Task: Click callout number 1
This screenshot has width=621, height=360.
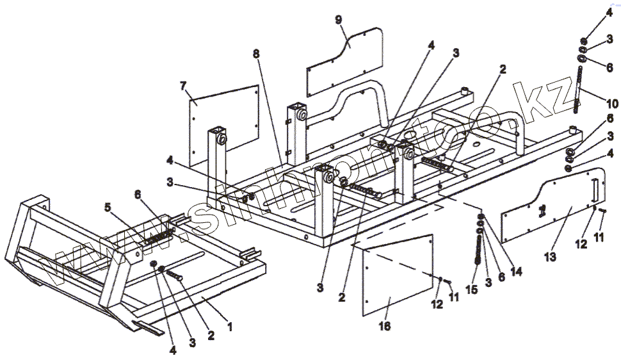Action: [x=230, y=326]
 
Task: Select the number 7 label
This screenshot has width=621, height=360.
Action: [x=184, y=85]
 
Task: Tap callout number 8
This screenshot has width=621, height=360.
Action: [x=256, y=54]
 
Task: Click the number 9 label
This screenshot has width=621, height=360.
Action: [x=339, y=19]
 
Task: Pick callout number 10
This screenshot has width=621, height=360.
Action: [x=613, y=103]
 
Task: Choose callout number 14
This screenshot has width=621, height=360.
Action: [x=516, y=271]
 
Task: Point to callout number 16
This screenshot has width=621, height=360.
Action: [x=384, y=325]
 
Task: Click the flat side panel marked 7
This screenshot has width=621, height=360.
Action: [x=224, y=125]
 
